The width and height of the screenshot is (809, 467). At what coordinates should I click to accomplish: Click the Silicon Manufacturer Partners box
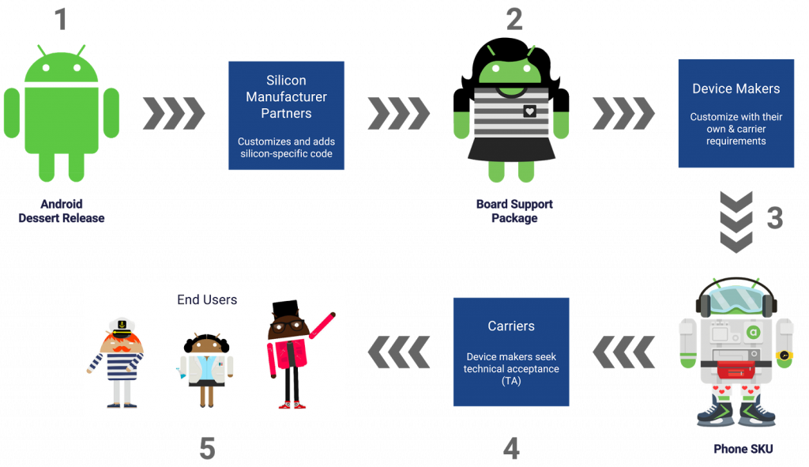[286, 115]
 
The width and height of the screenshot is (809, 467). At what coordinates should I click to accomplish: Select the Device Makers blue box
[736, 113]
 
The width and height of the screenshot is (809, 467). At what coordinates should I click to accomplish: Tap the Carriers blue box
[511, 352]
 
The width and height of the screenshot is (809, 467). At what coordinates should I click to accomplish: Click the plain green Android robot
[61, 111]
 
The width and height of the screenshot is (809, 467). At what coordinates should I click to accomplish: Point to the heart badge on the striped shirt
[529, 111]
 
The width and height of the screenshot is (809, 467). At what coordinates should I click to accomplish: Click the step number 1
[62, 19]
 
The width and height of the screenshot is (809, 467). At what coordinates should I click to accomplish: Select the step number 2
[514, 18]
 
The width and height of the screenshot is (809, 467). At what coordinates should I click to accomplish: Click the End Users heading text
[207, 299]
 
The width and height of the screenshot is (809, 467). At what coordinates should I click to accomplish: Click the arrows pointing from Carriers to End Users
[399, 352]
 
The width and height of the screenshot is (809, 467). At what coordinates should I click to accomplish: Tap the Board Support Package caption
[514, 211]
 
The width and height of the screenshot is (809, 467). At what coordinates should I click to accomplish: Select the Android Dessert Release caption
[62, 211]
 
